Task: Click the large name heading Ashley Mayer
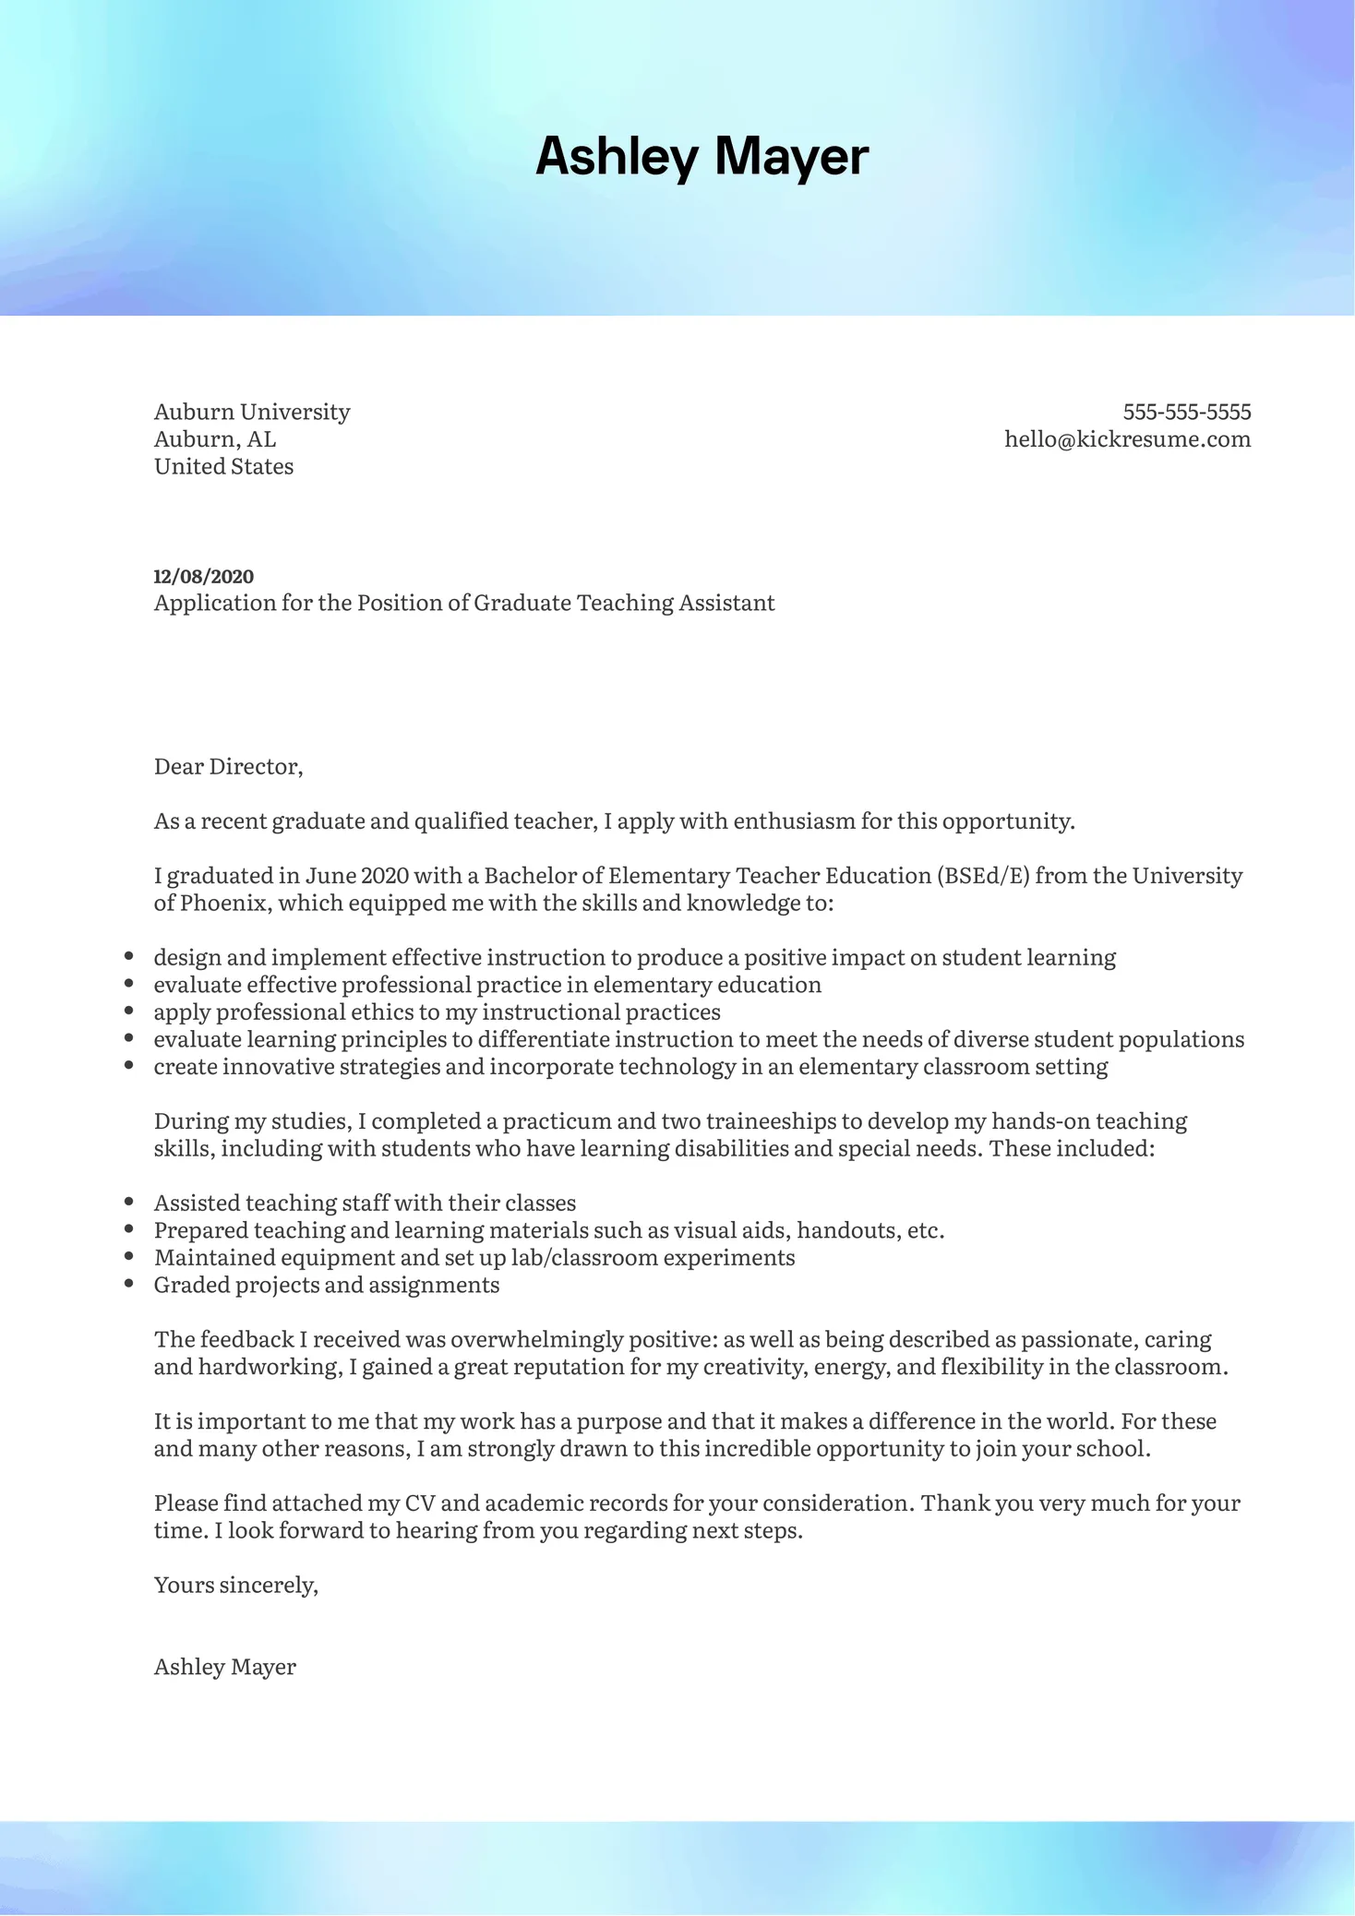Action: pyautogui.click(x=701, y=156)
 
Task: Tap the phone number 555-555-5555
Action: pyautogui.click(x=1186, y=412)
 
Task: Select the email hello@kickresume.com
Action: pyautogui.click(x=1127, y=439)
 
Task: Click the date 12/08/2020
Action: pyautogui.click(x=203, y=577)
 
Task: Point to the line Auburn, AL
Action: pyautogui.click(x=214, y=439)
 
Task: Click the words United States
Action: pyautogui.click(x=223, y=467)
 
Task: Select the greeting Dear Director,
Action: pyautogui.click(x=228, y=767)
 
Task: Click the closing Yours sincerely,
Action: pyautogui.click(x=235, y=1586)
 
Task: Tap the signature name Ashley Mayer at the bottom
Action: pyautogui.click(x=224, y=1667)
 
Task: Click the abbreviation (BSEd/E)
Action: pyautogui.click(x=983, y=876)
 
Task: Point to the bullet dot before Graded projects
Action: pyautogui.click(x=129, y=1285)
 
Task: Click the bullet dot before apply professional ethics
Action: pyautogui.click(x=129, y=1012)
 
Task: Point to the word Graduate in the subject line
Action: pyautogui.click(x=522, y=604)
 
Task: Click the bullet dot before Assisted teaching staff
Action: pyautogui.click(x=129, y=1203)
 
